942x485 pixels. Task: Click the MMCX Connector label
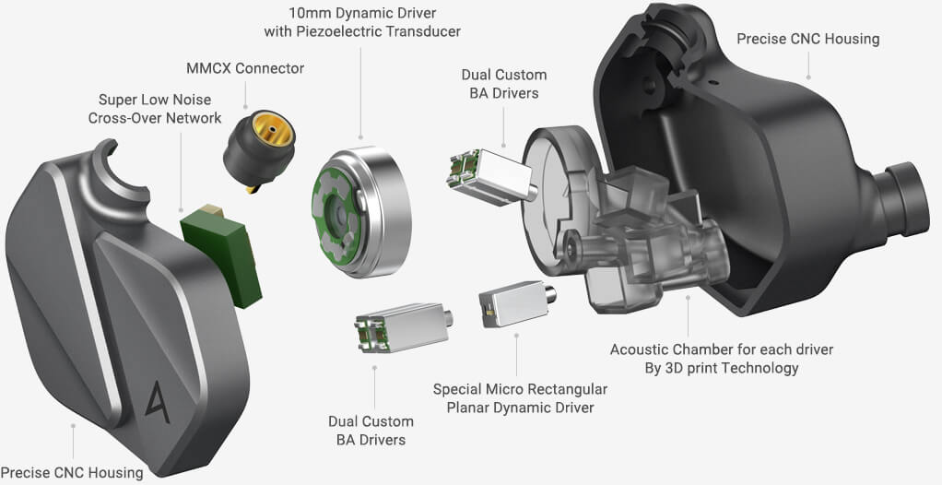243,68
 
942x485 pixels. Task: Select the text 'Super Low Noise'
154,99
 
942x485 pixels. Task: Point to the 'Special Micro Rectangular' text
513,389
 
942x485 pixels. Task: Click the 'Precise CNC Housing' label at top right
807,39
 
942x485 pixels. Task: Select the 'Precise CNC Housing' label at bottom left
72,472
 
